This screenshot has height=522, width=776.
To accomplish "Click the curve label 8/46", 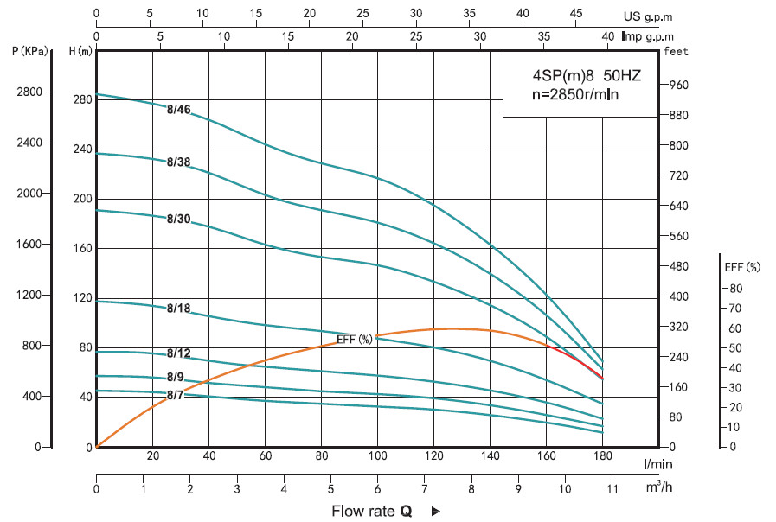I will pos(178,109).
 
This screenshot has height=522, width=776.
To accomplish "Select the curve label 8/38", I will pos(178,162).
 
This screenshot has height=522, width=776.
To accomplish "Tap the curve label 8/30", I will pos(178,219).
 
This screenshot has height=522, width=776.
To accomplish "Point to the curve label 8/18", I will pos(178,309).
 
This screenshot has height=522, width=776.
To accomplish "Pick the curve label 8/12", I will pos(178,353).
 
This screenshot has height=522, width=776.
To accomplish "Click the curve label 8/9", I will pos(176,377).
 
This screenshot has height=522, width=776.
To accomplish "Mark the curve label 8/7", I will pos(176,395).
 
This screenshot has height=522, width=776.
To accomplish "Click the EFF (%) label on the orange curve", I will pos(355,338).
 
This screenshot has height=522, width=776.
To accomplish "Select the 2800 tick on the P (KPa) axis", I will pos(29,92).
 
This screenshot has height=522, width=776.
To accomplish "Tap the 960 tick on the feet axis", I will pos(679,85).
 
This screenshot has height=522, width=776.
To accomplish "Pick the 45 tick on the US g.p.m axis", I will pos(575,14).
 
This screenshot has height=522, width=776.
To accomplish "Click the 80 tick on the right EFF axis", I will pos(735,289).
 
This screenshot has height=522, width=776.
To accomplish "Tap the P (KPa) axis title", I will pos(29,51).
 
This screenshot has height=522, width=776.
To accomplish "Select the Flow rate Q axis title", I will pos(372,511).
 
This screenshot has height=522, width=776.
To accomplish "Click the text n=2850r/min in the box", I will pos(574,94).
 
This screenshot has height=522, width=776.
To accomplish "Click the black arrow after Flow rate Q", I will pos(435,511).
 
